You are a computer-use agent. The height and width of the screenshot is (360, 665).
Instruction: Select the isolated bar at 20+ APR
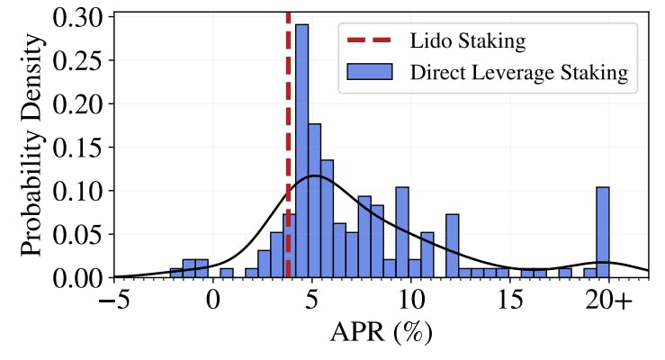(x=602, y=232)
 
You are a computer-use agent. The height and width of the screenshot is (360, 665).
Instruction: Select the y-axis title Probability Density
(x=32, y=145)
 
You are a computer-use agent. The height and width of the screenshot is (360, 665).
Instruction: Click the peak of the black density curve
(x=314, y=175)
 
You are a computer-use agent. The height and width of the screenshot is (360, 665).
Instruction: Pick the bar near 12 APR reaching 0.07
(x=452, y=246)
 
